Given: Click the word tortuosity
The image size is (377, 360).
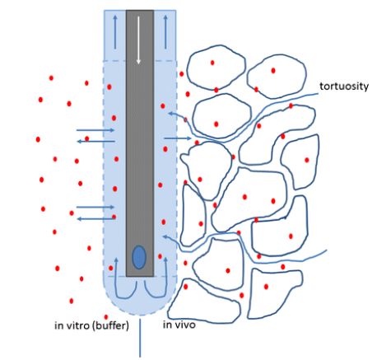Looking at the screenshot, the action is pyautogui.click(x=344, y=86).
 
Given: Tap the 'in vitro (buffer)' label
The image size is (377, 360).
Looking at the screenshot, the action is pyautogui.click(x=91, y=325).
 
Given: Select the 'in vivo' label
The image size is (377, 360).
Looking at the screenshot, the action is pyautogui.click(x=179, y=325).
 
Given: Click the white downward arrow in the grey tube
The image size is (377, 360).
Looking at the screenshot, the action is pyautogui.click(x=138, y=40).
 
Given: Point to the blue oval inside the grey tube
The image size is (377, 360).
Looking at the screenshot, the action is pyautogui.click(x=139, y=257).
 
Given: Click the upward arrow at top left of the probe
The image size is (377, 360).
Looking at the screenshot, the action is pyautogui.click(x=115, y=32).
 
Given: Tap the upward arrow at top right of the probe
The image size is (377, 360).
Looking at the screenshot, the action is pyautogui.click(x=165, y=32).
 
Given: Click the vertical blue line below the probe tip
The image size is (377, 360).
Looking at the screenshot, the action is pyautogui.click(x=140, y=338).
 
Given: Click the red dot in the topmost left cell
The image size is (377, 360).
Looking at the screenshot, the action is pyautogui.click(x=212, y=63).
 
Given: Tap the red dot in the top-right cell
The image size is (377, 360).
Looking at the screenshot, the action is pyautogui.click(x=273, y=71).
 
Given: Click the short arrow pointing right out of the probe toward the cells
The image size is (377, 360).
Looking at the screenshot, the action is pyautogui.click(x=178, y=138).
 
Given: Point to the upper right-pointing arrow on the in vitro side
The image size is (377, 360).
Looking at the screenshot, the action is pyautogui.click(x=95, y=130).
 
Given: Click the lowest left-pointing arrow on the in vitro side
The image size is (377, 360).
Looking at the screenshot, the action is pyautogui.click(x=95, y=219).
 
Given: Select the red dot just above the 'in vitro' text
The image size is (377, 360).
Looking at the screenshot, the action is pyautogui.click(x=106, y=317).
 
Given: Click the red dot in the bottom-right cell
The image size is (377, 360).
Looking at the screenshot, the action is pyautogui.click(x=266, y=287).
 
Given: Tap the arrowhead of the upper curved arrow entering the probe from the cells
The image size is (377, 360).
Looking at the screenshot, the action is pyautogui.click(x=170, y=113).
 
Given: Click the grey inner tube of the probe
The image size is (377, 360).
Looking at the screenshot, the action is pyautogui.click(x=140, y=143).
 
